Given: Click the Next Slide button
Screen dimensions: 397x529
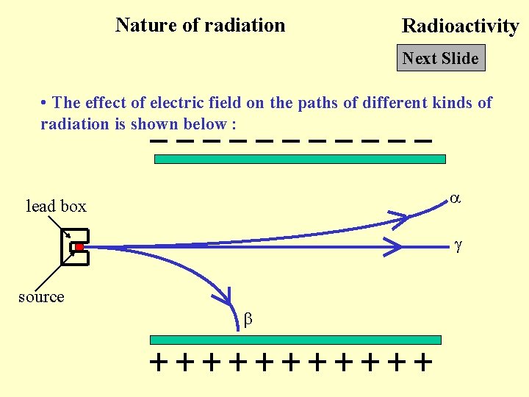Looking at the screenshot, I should coord(441,58).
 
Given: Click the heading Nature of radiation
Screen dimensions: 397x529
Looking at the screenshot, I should coord(200,25).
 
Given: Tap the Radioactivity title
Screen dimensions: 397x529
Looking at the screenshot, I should coord(460,26).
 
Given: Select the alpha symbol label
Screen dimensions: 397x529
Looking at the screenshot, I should coord(455,198).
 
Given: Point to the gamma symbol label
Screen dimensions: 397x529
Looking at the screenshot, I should coord(457,248).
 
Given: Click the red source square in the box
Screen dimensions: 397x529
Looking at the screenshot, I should coord(79,248).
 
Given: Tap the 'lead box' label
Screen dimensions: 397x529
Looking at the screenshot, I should coord(56,207).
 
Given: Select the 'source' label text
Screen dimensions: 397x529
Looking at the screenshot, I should coord(41,296).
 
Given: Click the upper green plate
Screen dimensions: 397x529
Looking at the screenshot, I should coord(300,159).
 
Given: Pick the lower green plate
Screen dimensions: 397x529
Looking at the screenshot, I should coord(295,340).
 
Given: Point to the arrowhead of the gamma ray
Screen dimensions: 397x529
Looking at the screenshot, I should coord(395,248).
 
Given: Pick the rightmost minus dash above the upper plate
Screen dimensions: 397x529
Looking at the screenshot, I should coord(422,140).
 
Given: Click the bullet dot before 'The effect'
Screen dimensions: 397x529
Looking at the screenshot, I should coord(45,103).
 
